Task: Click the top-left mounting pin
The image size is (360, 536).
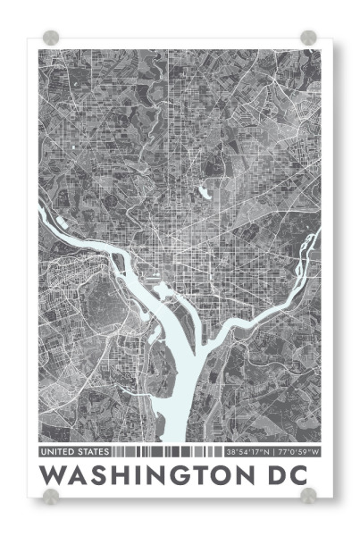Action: click(x=51, y=38)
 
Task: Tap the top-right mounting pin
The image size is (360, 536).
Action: click(x=308, y=38)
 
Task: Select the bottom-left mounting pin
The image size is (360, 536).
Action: click(x=51, y=495)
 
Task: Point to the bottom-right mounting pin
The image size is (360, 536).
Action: click(x=308, y=495)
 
